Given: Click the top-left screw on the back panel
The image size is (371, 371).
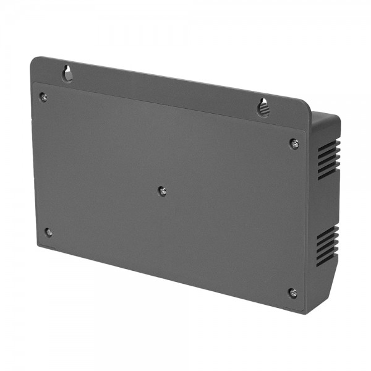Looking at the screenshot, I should click(43, 96).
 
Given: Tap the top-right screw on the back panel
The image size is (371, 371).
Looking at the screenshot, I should click(294, 143).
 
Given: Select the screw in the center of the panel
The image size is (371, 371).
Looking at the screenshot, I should click(162, 191).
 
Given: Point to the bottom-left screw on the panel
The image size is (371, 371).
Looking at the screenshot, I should click(48, 232).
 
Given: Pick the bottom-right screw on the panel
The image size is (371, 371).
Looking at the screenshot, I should click(292, 292).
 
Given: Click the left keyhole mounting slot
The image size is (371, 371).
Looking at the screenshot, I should click(67, 74).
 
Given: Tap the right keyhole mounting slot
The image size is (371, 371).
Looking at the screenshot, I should click(263, 107).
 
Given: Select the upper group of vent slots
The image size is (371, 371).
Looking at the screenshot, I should click(328, 159).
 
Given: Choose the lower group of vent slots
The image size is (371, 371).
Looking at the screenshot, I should click(327, 245).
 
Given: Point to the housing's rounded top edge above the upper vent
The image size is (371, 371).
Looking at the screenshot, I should click(326, 117).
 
